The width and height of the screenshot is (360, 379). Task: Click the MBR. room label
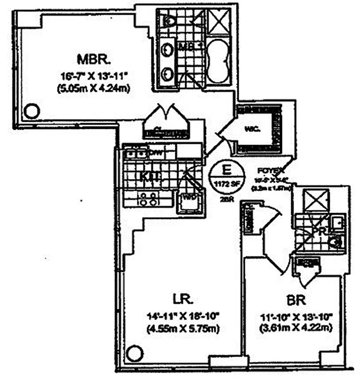click(94, 60)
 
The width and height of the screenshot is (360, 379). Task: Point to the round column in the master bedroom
click(31, 111)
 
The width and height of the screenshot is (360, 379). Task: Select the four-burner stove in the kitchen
click(146, 199)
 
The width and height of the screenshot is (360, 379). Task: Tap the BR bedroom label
click(296, 300)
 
